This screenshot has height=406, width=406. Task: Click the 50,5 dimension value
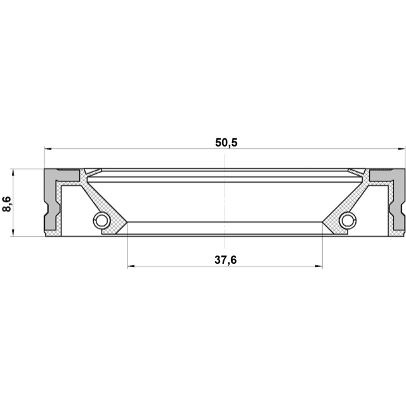coord(226,143)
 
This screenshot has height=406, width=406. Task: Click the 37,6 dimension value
coord(226,259)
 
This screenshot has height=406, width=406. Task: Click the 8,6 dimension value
coord(7,204)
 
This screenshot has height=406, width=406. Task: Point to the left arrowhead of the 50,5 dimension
coord(48,149)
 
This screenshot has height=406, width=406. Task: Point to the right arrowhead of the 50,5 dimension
coord(401,149)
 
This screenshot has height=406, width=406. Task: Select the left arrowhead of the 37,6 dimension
coord(131,266)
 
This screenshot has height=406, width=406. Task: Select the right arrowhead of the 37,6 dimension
coord(318,266)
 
